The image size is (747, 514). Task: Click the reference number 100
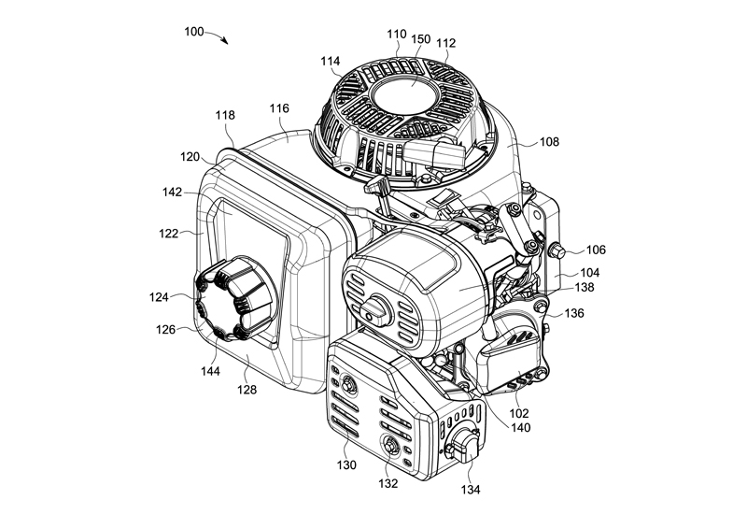click(x=194, y=31)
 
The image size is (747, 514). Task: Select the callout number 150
click(x=421, y=39)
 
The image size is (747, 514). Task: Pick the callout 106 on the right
click(x=596, y=250)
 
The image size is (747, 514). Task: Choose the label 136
click(x=574, y=314)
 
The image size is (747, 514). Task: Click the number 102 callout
click(x=519, y=412)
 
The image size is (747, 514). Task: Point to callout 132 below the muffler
click(x=388, y=483)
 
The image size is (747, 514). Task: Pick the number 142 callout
click(x=171, y=192)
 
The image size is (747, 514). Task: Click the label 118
click(x=225, y=115)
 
